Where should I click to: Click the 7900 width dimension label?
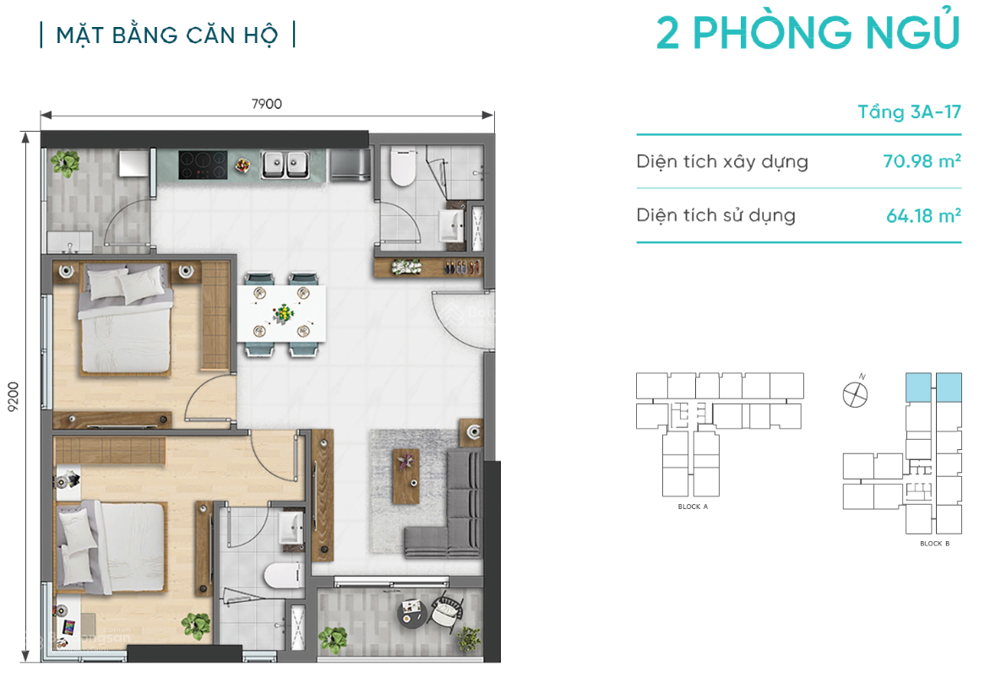click(266, 104)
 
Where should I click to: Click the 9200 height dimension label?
click(13, 394)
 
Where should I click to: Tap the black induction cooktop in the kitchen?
click(203, 164)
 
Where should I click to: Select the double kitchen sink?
click(285, 164)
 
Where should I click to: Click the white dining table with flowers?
click(281, 313)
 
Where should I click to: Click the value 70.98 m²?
click(922, 161)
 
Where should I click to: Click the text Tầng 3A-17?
click(909, 112)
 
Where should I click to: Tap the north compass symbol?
click(856, 393)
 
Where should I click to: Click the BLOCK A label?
click(693, 507)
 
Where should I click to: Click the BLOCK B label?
click(934, 544)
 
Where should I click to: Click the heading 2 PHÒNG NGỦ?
click(808, 34)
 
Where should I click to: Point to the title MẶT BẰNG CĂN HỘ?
click(167, 35)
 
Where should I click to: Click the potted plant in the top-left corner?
click(63, 164)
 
